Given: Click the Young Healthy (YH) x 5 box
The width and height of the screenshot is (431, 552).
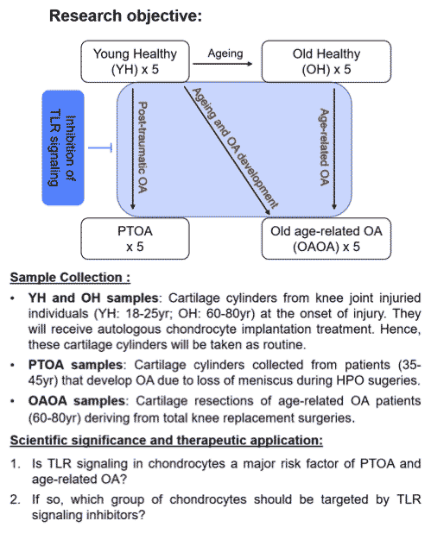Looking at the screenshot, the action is tap(135, 61).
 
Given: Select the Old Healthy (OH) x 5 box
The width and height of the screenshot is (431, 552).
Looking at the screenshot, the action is tap(326, 61).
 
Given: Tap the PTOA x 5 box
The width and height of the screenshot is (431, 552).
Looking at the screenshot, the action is tap(135, 239).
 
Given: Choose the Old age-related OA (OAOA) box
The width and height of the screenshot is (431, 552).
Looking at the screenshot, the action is tap(326, 239).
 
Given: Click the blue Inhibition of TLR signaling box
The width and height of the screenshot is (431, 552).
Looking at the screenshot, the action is tap(63, 147).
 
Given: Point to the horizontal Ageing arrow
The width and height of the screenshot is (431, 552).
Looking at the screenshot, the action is tap(223, 64).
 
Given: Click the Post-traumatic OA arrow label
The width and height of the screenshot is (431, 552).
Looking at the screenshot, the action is tap(143, 147).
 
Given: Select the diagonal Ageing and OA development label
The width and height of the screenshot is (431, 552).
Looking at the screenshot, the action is tap(235, 148).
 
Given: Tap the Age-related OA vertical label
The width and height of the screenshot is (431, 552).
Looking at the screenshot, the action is tap(324, 147).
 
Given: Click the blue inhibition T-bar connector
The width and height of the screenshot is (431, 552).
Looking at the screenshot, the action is tap(100, 147).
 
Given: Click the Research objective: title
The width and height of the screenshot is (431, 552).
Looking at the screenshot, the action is tap(125, 16).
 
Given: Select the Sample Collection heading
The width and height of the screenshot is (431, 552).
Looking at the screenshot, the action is tap(70, 278).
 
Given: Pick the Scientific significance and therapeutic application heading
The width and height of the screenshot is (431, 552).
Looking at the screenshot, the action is tap(167, 441).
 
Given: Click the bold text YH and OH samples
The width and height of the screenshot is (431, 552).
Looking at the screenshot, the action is tap(93, 298).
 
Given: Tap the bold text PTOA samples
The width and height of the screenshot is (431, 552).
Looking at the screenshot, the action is tap(75, 365).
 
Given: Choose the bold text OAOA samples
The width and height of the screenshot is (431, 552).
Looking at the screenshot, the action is tap(77, 401).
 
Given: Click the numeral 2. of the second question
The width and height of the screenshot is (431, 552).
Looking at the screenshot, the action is tap(16, 499).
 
